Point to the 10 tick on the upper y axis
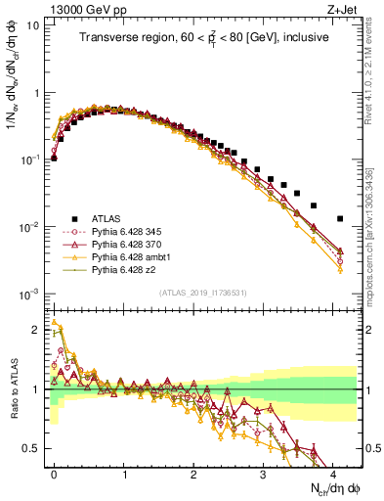click(31, 25)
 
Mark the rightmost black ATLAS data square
click(339, 218)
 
